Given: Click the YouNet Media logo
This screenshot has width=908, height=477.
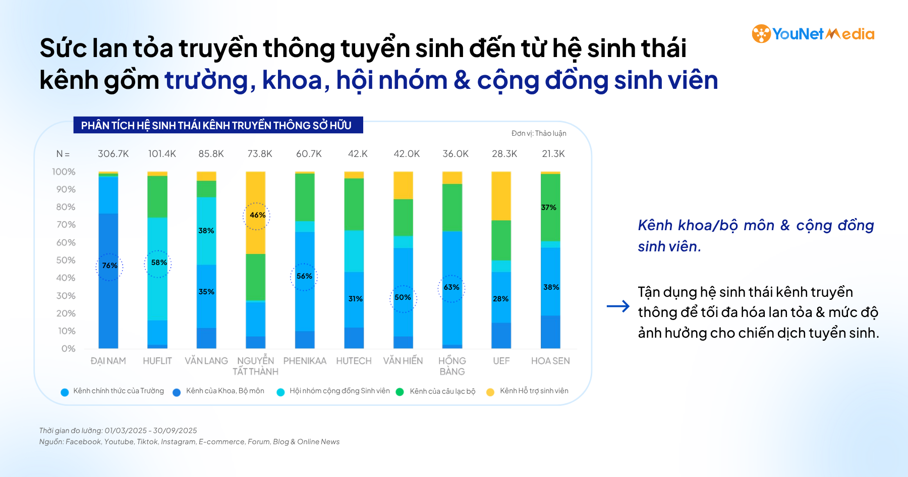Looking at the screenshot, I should pyautogui.click(x=813, y=34).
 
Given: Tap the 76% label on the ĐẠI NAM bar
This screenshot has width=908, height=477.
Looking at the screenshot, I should pyautogui.click(x=109, y=266).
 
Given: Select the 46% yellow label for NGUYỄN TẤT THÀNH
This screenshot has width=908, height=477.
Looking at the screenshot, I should pyautogui.click(x=257, y=215).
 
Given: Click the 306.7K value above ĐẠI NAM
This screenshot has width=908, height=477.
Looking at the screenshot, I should pyautogui.click(x=113, y=153).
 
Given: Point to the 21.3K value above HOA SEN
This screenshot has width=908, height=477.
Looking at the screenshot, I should pyautogui.click(x=553, y=153).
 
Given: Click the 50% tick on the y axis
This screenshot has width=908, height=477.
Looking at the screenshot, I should pyautogui.click(x=66, y=260).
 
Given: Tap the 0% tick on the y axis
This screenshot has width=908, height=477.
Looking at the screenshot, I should pyautogui.click(x=68, y=348).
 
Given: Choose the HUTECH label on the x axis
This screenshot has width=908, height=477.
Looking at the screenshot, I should pyautogui.click(x=354, y=361).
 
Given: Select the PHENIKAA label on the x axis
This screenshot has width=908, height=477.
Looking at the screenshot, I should pyautogui.click(x=305, y=361).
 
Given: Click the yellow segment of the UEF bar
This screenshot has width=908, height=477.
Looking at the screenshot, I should pyautogui.click(x=501, y=195).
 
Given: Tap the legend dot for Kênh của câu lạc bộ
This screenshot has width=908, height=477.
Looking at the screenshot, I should pyautogui.click(x=400, y=392).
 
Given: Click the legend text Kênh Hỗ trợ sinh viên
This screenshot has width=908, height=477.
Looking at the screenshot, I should pyautogui.click(x=534, y=391).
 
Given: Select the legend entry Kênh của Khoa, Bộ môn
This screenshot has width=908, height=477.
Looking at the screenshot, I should pyautogui.click(x=224, y=391).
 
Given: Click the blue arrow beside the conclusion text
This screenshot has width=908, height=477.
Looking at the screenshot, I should pyautogui.click(x=618, y=306).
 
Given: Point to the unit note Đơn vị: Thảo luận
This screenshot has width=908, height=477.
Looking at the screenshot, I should pyautogui.click(x=538, y=133).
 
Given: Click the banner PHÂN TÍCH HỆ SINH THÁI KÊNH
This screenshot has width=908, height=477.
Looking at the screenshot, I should pyautogui.click(x=216, y=125).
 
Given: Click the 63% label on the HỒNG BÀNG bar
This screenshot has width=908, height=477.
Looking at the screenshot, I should pyautogui.click(x=451, y=287).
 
